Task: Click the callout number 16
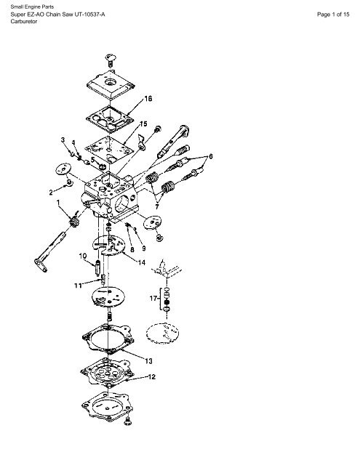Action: tap(148, 99)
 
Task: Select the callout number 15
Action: tap(143, 124)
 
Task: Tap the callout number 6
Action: tap(211, 156)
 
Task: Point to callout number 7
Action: tap(156, 206)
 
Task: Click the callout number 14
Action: tap(142, 262)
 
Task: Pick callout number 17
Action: tap(153, 298)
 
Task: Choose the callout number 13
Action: tap(148, 361)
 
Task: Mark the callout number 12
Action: tap(152, 377)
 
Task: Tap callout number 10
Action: tap(83, 256)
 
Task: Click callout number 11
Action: tap(78, 286)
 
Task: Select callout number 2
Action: tap(51, 193)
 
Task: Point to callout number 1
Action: tap(58, 203)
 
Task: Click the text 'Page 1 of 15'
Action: tap(333, 15)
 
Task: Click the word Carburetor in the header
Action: tap(24, 21)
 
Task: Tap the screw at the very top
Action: tap(111, 60)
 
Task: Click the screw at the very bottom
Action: tap(128, 421)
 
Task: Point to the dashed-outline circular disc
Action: tap(162, 334)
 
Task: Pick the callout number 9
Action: tap(144, 248)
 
